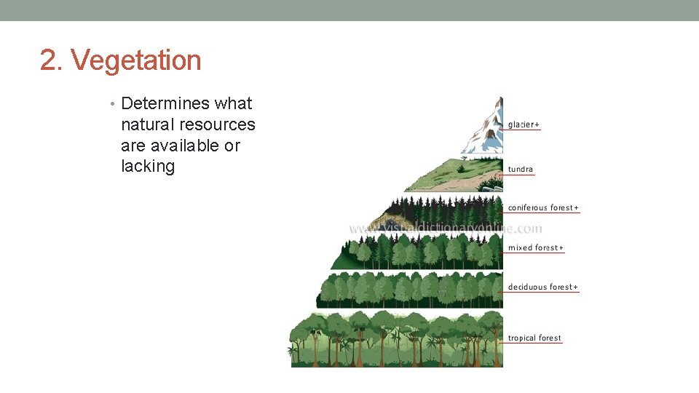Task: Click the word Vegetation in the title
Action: tap(136, 60)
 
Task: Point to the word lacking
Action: tap(148, 167)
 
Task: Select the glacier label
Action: tap(524, 124)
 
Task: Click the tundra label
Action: tap(520, 169)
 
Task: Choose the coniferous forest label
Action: tap(543, 207)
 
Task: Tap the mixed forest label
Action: tap(535, 247)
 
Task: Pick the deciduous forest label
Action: tap(542, 287)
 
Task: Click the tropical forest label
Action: tap(534, 338)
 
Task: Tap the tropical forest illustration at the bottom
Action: tap(397, 340)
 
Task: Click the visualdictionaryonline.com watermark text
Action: tap(446, 229)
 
